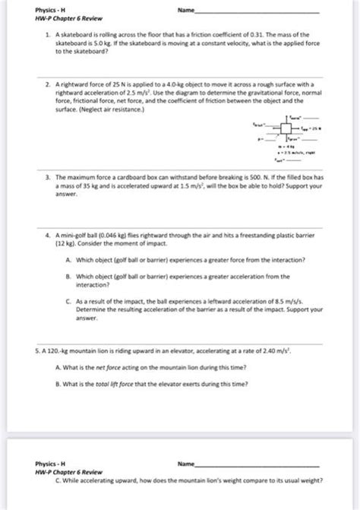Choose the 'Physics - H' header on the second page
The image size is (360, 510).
50,462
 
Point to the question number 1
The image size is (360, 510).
47,36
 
